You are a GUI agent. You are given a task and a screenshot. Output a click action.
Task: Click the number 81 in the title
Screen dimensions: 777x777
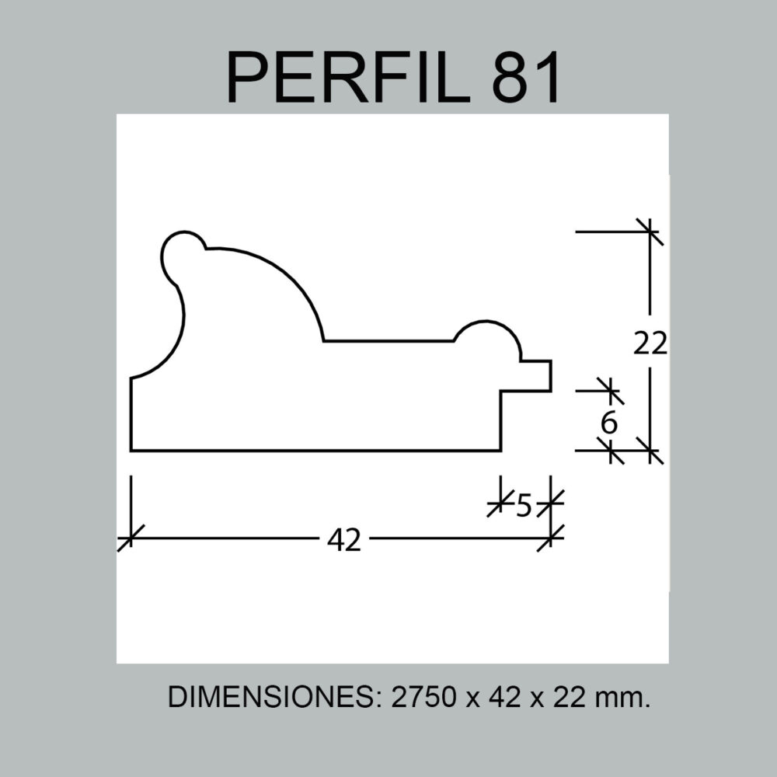pyautogui.click(x=526, y=77)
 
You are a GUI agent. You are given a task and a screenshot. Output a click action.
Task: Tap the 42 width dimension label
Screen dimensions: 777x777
pyautogui.click(x=344, y=540)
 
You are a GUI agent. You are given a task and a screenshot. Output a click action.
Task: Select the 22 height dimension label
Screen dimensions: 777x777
pyautogui.click(x=650, y=343)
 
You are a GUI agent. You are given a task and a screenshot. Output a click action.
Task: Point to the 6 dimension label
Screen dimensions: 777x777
pyautogui.click(x=609, y=423)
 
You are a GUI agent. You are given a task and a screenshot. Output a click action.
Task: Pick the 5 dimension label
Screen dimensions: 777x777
pyautogui.click(x=524, y=506)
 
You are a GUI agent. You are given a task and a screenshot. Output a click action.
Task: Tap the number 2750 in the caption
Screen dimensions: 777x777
pyautogui.click(x=423, y=697)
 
